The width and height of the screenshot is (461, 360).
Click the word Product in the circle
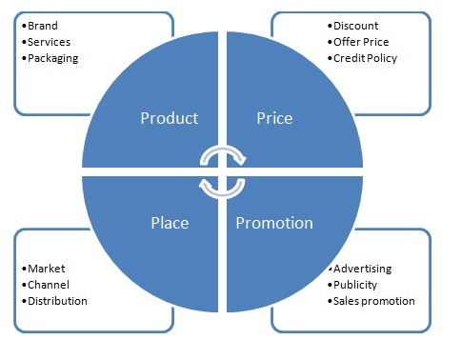pos(169,119)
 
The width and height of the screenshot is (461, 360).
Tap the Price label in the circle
pos(274,119)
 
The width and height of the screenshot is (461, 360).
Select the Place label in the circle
pos(169,223)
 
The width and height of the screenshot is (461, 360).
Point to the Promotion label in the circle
pos(274,223)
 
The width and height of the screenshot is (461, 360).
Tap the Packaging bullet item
pos(52,58)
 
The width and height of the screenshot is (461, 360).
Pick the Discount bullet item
pos(356,26)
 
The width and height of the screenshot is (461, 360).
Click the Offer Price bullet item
pos(361,42)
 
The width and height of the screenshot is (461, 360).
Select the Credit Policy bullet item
pos(365,58)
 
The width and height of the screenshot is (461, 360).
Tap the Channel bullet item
pos(49,285)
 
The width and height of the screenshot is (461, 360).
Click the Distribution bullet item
pos(57,301)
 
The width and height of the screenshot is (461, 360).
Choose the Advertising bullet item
pos(364,269)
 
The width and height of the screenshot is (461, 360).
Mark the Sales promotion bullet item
pos(373,301)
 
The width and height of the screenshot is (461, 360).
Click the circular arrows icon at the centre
pos(222,170)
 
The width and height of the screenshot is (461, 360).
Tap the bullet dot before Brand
pos(23,26)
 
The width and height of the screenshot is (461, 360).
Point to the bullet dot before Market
pos(23,269)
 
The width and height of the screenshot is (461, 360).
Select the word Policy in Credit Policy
pos(382,58)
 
